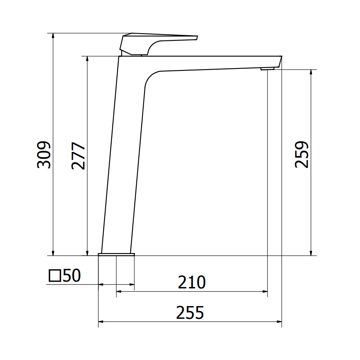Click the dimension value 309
(44, 155)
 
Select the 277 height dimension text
(78, 156)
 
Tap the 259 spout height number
(302, 154)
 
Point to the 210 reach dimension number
(192, 282)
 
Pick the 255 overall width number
(190, 312)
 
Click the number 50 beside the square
(72, 275)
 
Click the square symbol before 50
(55, 276)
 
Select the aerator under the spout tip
(268, 69)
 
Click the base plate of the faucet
(116, 254)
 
